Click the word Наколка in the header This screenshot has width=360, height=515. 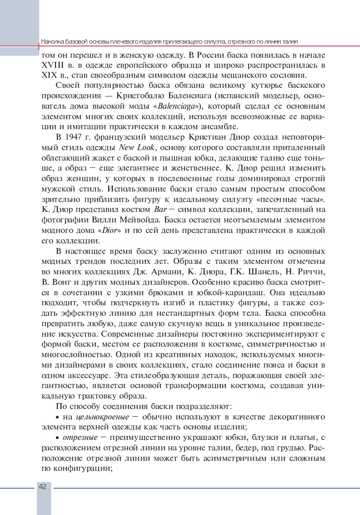point(52,41)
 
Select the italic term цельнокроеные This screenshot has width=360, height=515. point(101,417)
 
